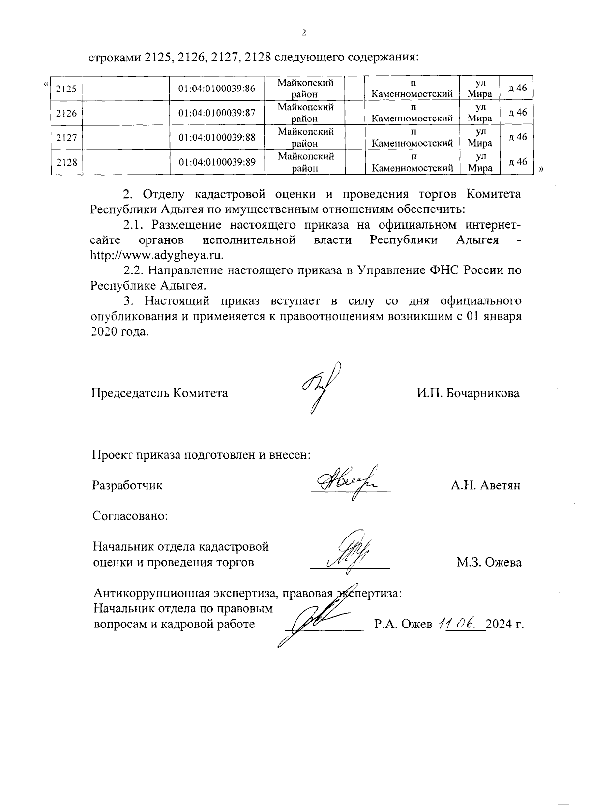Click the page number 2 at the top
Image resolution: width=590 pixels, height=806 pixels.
(303, 33)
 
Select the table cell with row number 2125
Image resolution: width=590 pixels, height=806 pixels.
(66, 89)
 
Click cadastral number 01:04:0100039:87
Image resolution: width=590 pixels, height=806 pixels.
(217, 113)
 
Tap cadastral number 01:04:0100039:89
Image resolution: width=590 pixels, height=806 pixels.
(217, 162)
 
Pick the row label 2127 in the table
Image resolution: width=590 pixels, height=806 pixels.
(66, 138)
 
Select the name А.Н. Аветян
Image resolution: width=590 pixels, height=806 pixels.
(485, 486)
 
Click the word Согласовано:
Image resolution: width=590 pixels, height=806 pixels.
(130, 516)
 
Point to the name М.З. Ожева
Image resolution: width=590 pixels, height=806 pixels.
(489, 562)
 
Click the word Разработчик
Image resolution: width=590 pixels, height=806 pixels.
(127, 486)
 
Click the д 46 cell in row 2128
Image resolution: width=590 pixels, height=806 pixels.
(517, 162)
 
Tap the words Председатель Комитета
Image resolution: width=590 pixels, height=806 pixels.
(160, 393)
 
